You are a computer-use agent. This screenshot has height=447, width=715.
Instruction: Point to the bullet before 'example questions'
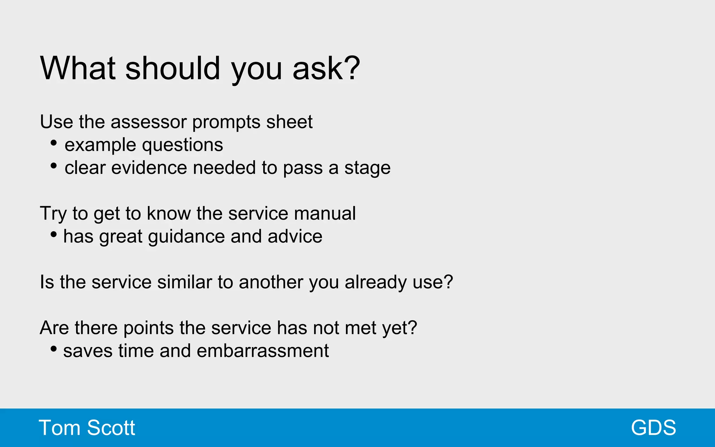(x=53, y=142)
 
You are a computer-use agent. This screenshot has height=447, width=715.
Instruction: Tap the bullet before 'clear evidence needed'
(x=53, y=166)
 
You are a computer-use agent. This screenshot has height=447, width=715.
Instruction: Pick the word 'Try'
(x=53, y=214)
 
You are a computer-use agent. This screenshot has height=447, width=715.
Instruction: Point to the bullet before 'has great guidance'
(x=53, y=234)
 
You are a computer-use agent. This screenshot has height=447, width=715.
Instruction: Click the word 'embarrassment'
(x=263, y=351)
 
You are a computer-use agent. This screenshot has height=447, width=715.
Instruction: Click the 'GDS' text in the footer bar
(x=653, y=428)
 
